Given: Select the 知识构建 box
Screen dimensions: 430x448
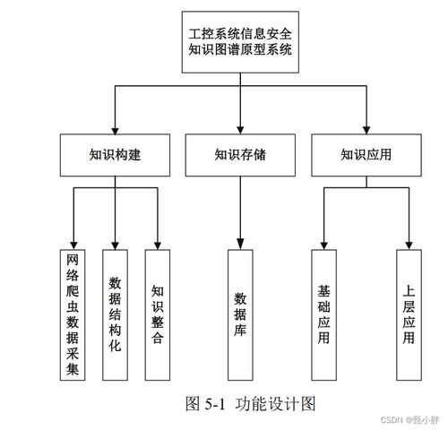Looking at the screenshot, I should [116, 154].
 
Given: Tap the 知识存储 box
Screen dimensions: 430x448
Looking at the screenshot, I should [240, 154].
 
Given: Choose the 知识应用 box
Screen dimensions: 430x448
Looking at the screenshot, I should [366, 154].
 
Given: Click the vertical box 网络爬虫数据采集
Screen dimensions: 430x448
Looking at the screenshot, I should [73, 314].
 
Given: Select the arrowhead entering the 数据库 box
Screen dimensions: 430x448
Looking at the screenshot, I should [240, 243].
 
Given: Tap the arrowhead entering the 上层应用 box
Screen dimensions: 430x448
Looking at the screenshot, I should [409, 243].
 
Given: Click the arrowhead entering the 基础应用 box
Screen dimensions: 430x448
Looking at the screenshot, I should [323, 243].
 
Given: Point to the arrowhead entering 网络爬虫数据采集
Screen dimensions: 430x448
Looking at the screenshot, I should [73, 243].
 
